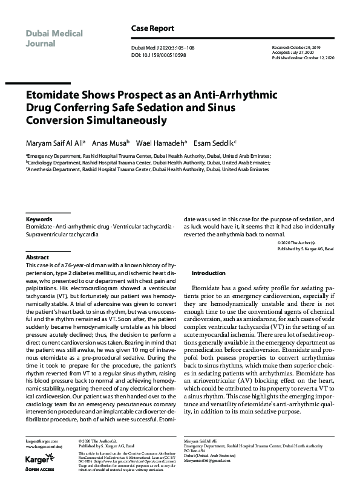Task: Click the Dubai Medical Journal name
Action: point(54,38)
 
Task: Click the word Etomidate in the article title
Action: point(56,95)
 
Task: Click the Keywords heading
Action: point(39,219)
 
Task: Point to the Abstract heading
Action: point(37,257)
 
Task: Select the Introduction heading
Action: point(208,273)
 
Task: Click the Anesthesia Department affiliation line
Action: point(147,170)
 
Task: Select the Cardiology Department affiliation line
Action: point(148,163)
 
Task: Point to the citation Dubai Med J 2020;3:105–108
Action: point(163,48)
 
